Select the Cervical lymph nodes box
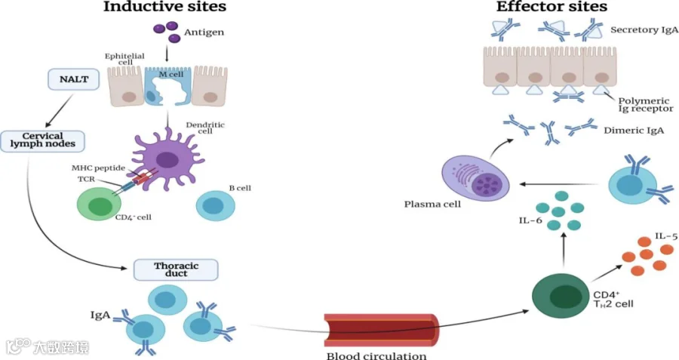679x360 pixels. pyautogui.click(x=42, y=140)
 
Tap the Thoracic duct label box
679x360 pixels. pyautogui.click(x=175, y=270)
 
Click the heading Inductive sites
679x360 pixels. pyautogui.click(x=164, y=8)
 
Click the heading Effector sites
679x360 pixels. pyautogui.click(x=551, y=8)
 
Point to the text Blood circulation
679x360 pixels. pyautogui.click(x=376, y=355)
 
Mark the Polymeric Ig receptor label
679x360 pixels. pyautogui.click(x=645, y=103)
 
